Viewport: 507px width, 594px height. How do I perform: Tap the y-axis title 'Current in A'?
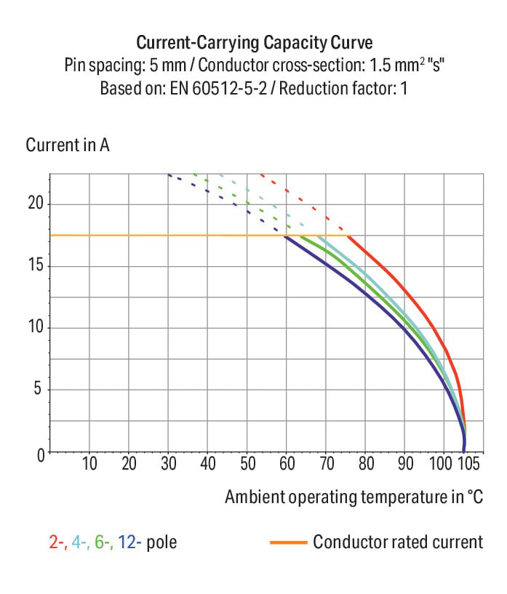click(x=68, y=145)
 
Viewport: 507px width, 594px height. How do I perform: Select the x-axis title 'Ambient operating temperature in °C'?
click(x=354, y=497)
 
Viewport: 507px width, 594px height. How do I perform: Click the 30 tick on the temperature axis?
click(x=168, y=464)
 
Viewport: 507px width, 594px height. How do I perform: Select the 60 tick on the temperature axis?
click(x=287, y=464)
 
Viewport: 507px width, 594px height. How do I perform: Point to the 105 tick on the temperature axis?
click(x=468, y=464)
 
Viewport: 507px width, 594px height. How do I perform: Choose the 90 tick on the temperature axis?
click(x=404, y=464)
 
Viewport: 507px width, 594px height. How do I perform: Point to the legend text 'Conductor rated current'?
click(x=398, y=542)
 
